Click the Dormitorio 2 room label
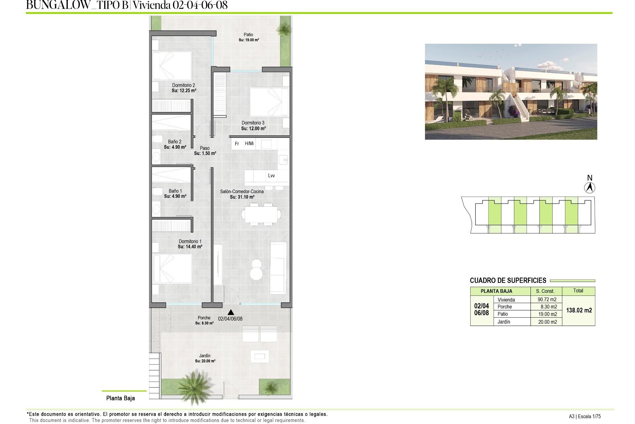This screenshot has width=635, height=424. click(184, 85)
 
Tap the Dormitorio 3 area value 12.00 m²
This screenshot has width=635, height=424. click(253, 129)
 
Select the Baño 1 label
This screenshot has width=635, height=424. click(175, 191)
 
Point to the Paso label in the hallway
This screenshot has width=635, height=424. click(205, 148)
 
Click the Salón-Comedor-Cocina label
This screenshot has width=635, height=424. click(242, 191)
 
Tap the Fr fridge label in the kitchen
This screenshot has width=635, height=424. click(237, 144)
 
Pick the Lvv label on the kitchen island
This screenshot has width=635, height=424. click(271, 176)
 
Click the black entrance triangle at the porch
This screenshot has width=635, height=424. click(231, 312)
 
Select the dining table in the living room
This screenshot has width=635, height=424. click(261, 214)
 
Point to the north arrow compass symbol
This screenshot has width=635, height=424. click(589, 188)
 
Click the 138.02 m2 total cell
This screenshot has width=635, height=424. click(579, 310)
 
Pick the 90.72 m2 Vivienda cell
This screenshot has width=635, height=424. click(547, 299)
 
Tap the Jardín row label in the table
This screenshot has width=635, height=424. click(504, 322)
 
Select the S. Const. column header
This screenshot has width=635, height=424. click(545, 291)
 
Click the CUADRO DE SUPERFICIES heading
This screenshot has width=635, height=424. click(508, 281)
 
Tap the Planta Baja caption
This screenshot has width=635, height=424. click(120, 398)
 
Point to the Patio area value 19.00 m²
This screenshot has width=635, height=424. click(249, 40)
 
